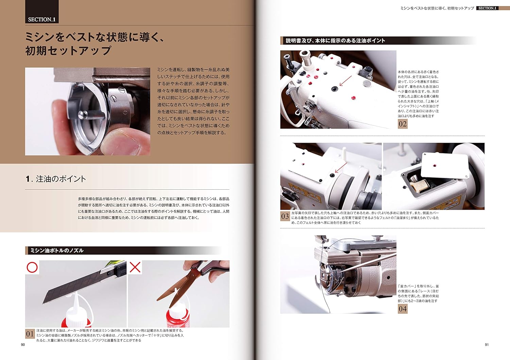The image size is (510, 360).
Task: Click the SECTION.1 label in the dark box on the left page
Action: tap(42, 20)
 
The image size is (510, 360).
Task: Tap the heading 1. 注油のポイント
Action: tap(56, 179)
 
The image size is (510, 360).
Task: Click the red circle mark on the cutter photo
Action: tap(32, 267)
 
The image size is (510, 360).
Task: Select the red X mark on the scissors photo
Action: tap(135, 267)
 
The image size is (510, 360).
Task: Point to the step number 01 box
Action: tap(30, 334)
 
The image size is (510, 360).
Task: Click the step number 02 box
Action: tap(403, 124)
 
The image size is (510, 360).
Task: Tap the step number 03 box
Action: tap(285, 216)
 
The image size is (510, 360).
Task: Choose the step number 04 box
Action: tap(403, 309)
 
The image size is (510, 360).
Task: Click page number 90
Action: tap(23, 345)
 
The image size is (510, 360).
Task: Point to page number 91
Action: tap(487, 345)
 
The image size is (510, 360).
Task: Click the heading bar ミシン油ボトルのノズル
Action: tap(123, 251)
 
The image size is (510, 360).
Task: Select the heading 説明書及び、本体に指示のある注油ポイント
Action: tap(335, 40)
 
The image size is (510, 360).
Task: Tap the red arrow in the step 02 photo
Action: tap(346, 81)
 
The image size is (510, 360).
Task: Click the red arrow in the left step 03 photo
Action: tap(341, 167)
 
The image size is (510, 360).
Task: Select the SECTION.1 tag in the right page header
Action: tap(487, 8)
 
